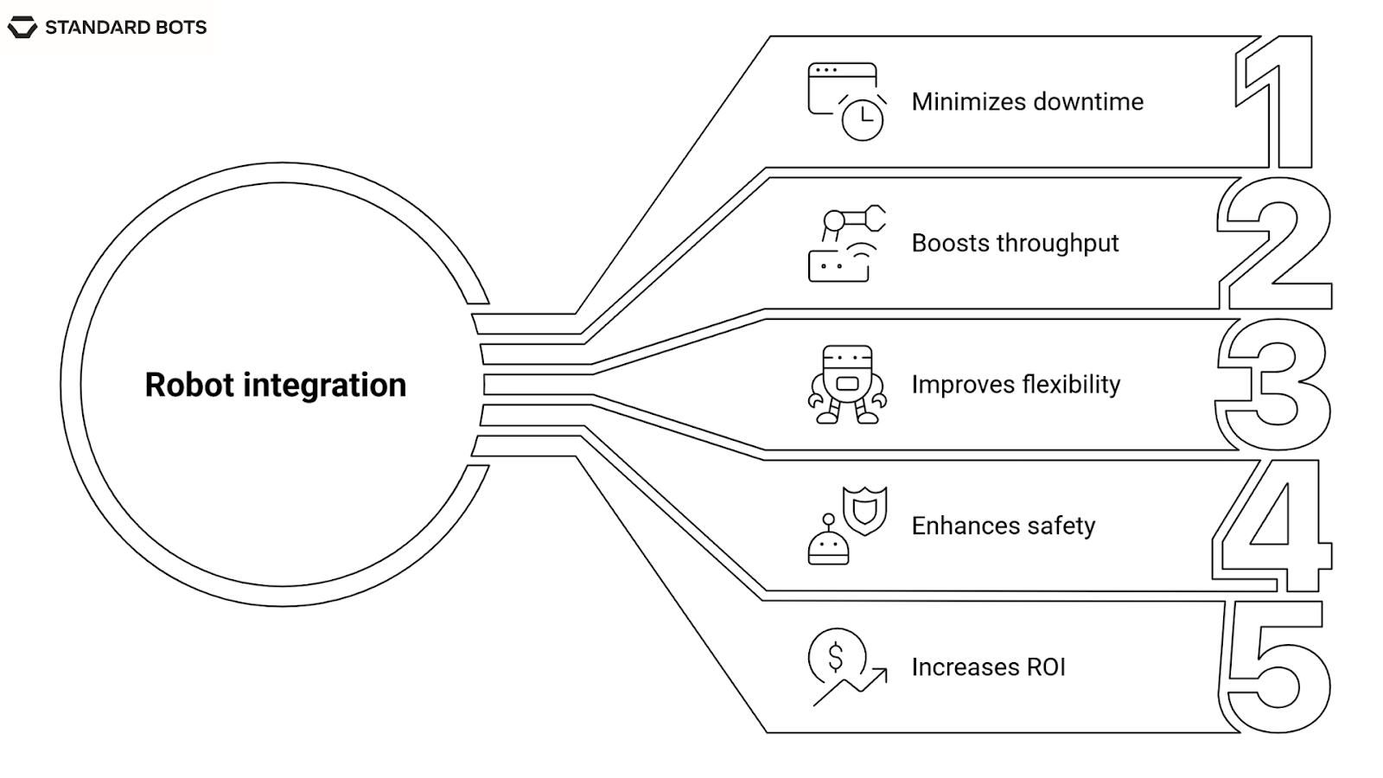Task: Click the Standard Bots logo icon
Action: pyautogui.click(x=22, y=28)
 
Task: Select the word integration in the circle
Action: pyautogui.click(x=324, y=385)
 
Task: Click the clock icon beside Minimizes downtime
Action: pyautogui.click(x=863, y=119)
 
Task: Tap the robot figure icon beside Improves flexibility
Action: pyautogui.click(x=847, y=384)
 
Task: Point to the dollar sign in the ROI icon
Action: pyautogui.click(x=835, y=657)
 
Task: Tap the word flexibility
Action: pyautogui.click(x=1071, y=385)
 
